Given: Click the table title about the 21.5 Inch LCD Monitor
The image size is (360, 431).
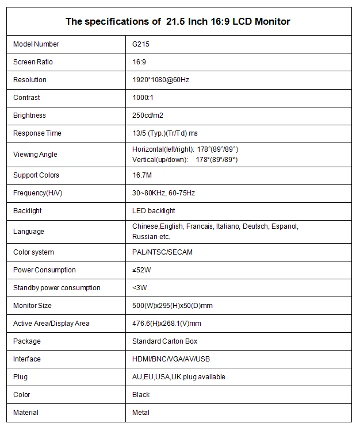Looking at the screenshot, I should click(178, 22).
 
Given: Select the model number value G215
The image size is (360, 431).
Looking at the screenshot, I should click(141, 44).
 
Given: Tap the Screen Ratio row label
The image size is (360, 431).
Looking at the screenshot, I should click(33, 62).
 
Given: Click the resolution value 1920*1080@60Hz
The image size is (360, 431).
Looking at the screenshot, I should click(160, 80).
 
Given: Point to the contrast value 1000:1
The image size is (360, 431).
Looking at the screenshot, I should click(144, 98).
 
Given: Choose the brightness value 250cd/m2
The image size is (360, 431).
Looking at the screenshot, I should click(148, 116).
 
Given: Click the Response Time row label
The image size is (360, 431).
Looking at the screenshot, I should click(37, 133).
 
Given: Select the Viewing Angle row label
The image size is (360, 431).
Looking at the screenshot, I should click(35, 154).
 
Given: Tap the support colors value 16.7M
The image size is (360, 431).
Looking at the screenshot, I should click(142, 175).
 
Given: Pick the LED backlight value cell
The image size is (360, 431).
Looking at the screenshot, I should click(154, 211).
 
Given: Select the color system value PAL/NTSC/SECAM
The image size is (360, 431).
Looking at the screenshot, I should click(162, 252).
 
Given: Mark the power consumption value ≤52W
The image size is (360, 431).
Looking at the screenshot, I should click(142, 270).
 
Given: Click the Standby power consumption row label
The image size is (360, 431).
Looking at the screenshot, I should click(57, 288).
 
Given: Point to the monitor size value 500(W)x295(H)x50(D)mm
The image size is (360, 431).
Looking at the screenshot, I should click(173, 306).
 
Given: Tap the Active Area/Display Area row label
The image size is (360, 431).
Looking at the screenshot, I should click(51, 324).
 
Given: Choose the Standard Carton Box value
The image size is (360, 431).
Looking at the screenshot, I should click(164, 341).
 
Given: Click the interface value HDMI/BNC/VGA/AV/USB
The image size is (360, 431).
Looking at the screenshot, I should click(171, 359).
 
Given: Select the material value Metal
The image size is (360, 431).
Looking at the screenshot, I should click(141, 413).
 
